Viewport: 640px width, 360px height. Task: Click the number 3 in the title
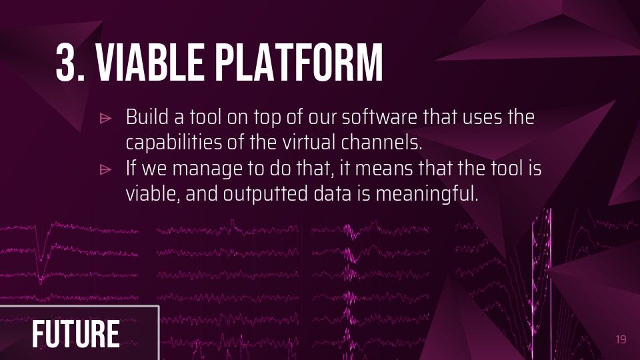67,63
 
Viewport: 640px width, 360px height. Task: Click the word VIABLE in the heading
149,63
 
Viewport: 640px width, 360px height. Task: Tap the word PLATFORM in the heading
299,63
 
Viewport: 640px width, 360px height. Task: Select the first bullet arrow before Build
105,119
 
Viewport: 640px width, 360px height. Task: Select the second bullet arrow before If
105,169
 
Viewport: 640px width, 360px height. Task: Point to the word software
379,117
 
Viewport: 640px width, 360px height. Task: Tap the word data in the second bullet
332,193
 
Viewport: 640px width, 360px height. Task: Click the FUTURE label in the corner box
76,334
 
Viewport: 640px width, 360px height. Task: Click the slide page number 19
621,339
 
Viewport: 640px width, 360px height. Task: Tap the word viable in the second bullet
153,193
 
